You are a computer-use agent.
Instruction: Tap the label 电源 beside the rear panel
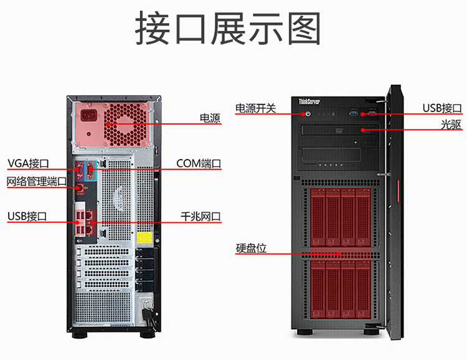210,117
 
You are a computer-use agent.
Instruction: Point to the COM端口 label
199,164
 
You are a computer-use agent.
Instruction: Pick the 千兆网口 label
200,216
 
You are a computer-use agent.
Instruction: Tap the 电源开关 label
255,108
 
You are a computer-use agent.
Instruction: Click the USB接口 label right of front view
442,108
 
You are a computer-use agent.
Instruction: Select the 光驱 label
451,125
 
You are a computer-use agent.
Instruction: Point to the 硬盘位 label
251,248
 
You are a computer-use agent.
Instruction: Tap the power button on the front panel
308,114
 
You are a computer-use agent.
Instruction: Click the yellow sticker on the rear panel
144,238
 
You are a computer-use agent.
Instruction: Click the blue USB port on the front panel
355,114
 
